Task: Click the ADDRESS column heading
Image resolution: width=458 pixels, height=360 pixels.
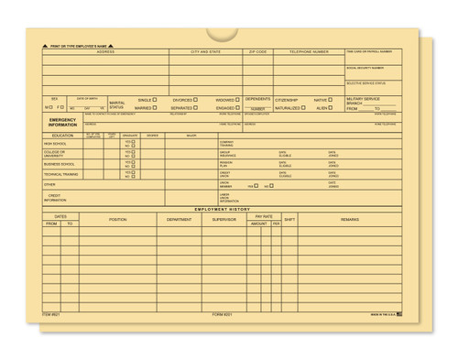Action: click(105, 52)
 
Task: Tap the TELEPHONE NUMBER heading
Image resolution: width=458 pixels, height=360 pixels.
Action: click(307, 52)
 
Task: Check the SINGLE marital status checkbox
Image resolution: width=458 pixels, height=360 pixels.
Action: click(155, 99)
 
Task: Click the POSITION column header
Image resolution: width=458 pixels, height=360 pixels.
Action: click(117, 220)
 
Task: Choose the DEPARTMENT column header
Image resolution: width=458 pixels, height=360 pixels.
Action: click(180, 220)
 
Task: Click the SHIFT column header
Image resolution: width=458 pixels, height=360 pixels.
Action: click(290, 220)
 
